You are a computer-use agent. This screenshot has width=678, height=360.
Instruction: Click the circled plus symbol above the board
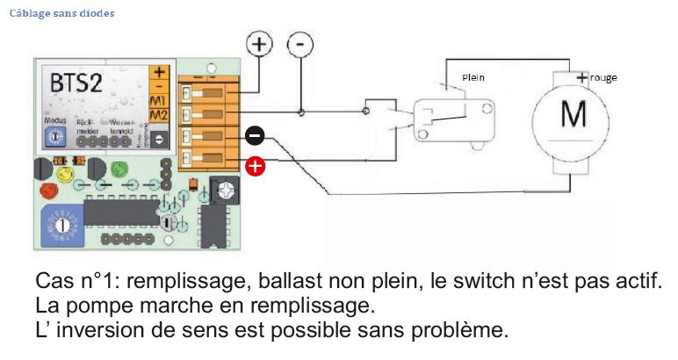click(259, 44)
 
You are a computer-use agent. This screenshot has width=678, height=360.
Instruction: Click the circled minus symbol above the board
click(301, 44)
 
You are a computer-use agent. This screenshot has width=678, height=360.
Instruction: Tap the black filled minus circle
click(254, 135)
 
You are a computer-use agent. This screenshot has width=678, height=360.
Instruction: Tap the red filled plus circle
click(256, 165)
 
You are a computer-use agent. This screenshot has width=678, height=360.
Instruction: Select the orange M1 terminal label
click(159, 102)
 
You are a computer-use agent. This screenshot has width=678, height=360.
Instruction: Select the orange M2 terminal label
click(159, 115)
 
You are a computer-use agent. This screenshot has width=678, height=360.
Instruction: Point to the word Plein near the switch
click(473, 78)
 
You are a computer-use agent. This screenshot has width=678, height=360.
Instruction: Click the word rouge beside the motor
click(603, 77)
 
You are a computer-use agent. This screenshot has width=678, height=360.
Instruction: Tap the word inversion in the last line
click(103, 332)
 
